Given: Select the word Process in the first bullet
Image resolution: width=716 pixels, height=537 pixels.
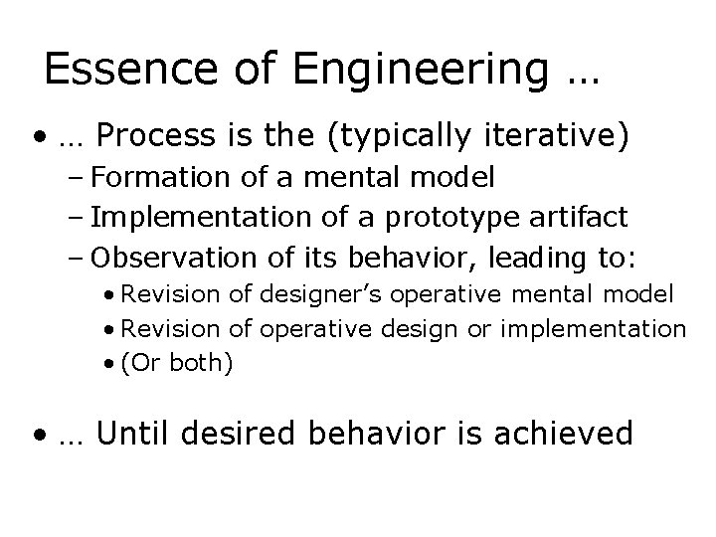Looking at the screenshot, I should [158, 134].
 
